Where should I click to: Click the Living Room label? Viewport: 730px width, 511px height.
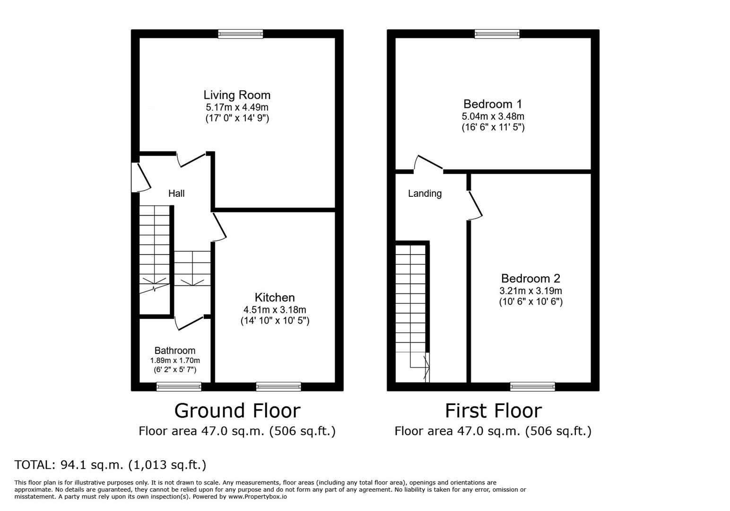click(x=237, y=95)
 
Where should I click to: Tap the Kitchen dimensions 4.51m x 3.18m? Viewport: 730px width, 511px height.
click(x=275, y=309)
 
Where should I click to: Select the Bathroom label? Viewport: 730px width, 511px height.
click(x=174, y=351)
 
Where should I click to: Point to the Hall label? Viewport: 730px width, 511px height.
click(x=176, y=194)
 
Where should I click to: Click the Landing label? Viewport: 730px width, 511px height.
click(x=425, y=194)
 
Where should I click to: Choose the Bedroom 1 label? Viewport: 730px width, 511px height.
click(x=493, y=104)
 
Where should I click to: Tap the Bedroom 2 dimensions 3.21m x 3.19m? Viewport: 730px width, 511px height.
click(x=530, y=291)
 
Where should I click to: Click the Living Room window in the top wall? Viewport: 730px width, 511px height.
click(x=241, y=34)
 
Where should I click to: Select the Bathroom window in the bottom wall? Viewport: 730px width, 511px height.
click(x=179, y=387)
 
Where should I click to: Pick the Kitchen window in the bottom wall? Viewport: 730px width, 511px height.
click(x=278, y=387)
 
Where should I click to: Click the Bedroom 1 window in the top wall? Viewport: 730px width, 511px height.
click(x=497, y=34)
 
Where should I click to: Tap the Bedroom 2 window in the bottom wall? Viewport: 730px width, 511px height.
click(x=532, y=387)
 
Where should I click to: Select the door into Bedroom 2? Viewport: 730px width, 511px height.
click(x=475, y=205)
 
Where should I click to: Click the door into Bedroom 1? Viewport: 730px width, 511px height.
click(x=428, y=162)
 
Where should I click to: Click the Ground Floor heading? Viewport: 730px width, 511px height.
click(x=237, y=411)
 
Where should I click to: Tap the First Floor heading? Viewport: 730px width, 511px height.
click(x=494, y=411)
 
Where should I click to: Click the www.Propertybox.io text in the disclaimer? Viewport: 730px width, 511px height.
click(x=258, y=497)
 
